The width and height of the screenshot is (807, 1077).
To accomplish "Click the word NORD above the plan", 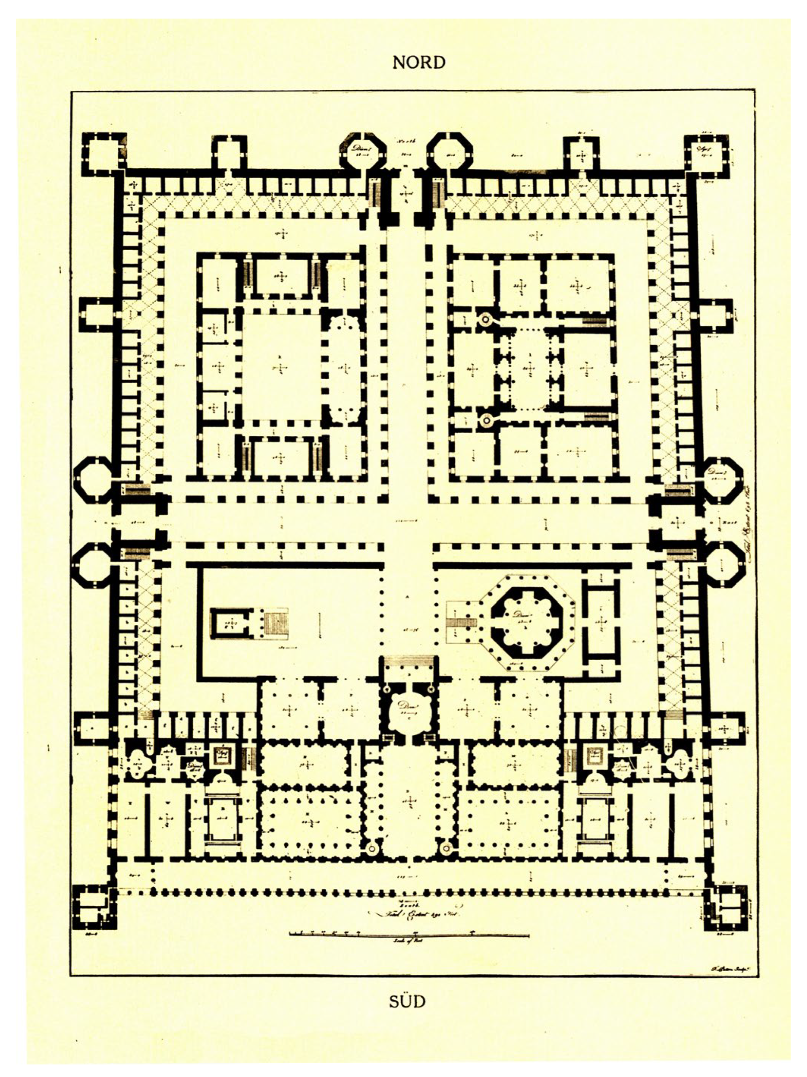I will pyautogui.click(x=418, y=63).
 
